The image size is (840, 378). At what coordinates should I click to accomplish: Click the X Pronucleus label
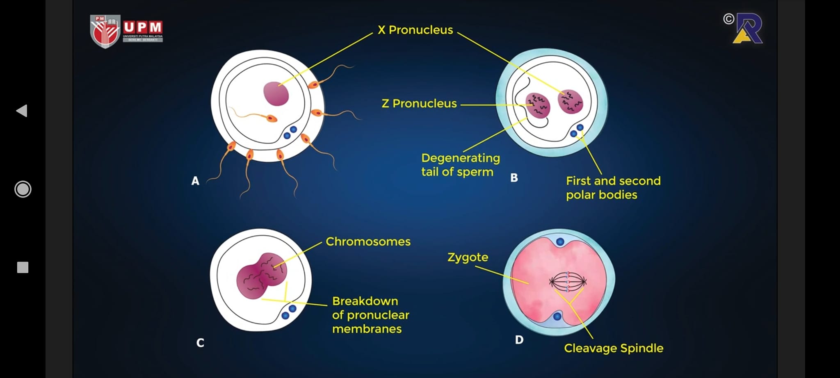coord(415,30)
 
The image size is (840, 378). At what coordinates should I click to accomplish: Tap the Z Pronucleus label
coord(419,103)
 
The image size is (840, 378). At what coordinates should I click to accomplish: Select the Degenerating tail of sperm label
coord(460,165)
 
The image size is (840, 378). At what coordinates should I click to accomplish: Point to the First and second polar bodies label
coord(613,187)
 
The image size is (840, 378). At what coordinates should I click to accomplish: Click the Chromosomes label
coord(368,241)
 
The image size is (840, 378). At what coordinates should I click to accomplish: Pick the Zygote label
coord(468,257)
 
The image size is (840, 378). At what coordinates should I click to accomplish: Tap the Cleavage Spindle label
coord(613,348)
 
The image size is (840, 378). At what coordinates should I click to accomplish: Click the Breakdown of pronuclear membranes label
coord(370,315)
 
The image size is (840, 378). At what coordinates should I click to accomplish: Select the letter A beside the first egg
coord(195,181)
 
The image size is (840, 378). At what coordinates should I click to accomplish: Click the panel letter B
coord(514,178)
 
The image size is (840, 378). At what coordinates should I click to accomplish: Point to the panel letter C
coord(200,343)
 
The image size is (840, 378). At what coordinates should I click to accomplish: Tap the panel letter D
coord(519,340)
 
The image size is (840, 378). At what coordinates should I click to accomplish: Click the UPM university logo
coord(126,31)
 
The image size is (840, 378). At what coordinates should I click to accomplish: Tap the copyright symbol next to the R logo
coord(728,19)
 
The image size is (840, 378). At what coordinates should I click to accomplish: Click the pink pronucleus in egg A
coord(276,93)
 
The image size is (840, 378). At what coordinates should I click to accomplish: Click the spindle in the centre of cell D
coord(568,282)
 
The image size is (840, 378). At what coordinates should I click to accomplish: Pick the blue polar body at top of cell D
coord(560,241)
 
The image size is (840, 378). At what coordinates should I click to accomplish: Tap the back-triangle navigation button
coord(22,111)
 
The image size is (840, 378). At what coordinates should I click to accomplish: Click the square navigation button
coord(23,267)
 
